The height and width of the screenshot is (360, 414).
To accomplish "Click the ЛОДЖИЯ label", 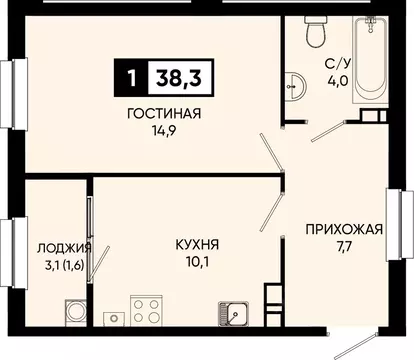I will [x=64, y=248].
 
